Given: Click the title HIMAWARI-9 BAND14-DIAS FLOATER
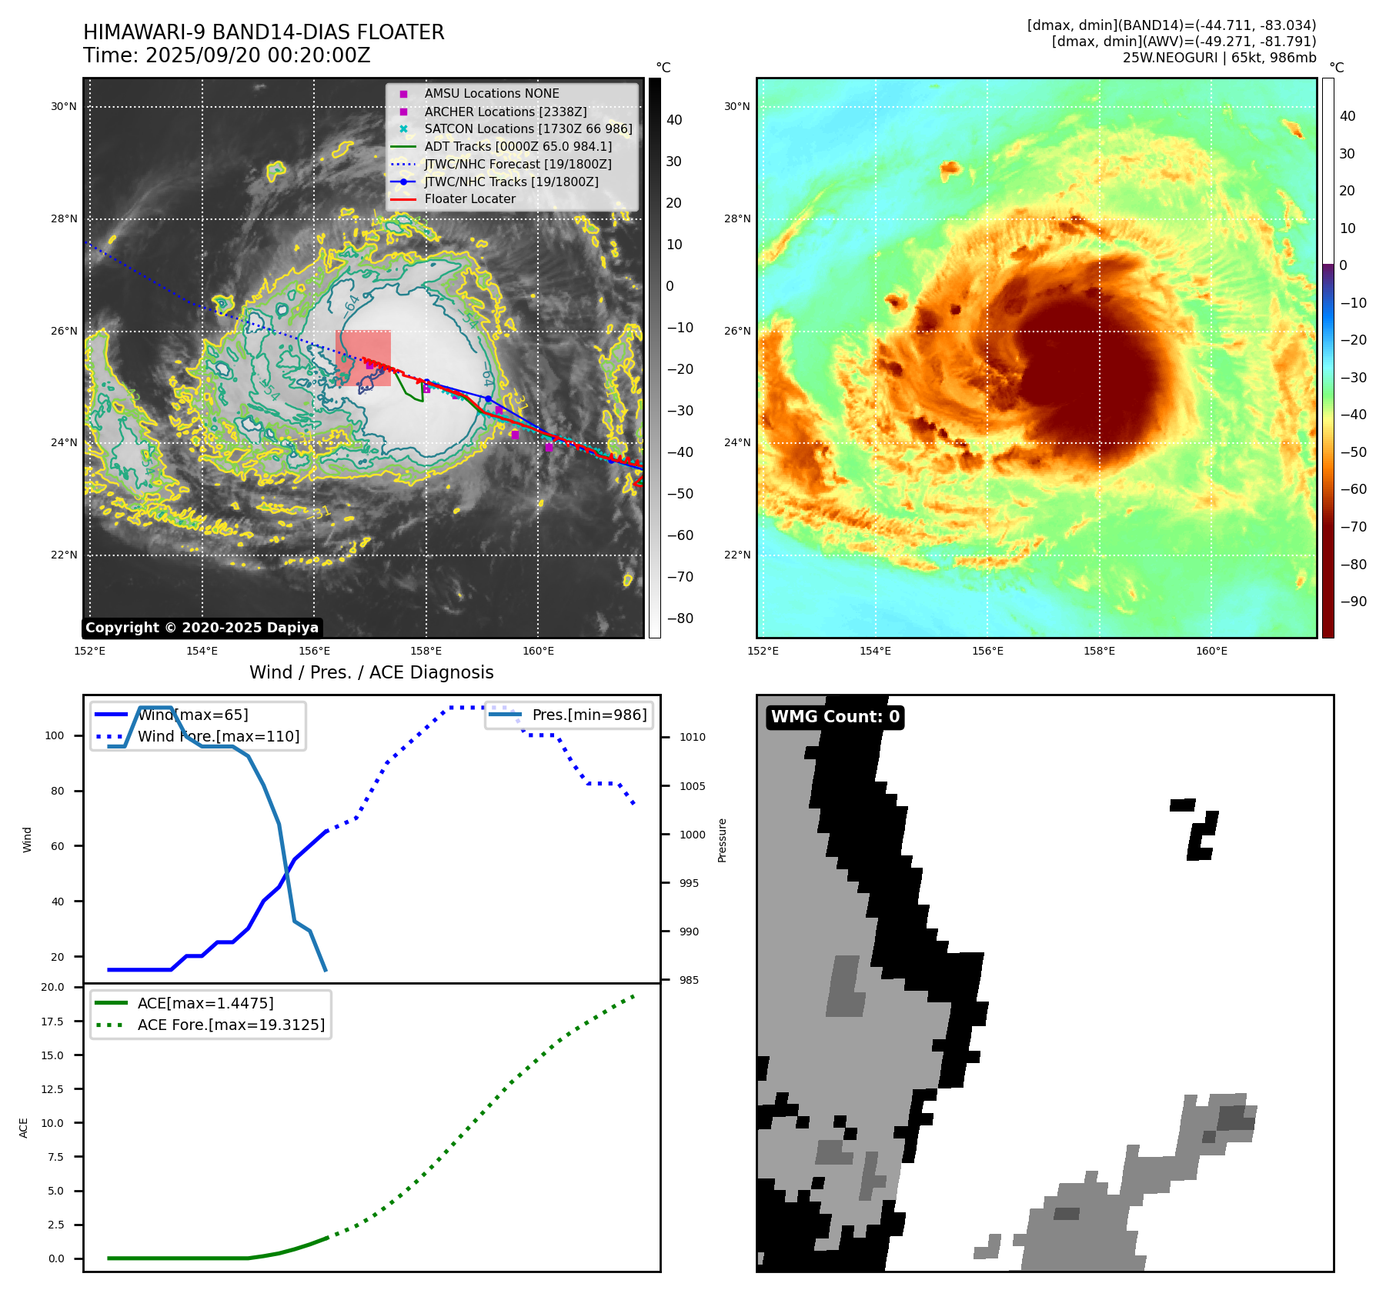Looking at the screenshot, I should coord(263,32).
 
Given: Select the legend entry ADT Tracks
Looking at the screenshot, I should coord(518,146).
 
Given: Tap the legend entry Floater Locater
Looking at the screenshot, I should coord(469,198).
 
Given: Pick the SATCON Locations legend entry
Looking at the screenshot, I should coord(528,128).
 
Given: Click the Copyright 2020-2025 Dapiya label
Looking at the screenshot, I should coord(202,628).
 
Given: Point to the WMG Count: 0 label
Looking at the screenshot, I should coord(835,717).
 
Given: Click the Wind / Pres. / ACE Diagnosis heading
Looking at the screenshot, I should coord(371,672).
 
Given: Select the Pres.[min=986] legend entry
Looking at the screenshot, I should coord(589,715).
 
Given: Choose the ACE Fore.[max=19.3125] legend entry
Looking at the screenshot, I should coord(231,1025).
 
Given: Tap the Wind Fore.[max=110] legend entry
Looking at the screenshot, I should coord(219,736).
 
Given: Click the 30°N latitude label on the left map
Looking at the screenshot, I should coord(64,106).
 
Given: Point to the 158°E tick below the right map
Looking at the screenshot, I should coord(1099,651).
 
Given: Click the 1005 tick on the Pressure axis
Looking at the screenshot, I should coord(692,786).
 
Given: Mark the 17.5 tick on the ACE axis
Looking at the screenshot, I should coord(53,1022).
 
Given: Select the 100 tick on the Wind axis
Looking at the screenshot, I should coord(55,735).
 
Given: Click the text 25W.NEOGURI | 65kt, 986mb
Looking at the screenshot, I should coord(1219,58).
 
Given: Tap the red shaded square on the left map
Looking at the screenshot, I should coord(363,358).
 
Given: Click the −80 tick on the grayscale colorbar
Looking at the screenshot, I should coord(680,618).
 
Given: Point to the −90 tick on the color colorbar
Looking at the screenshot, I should coord(1353,602).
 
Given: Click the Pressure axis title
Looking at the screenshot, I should coord(722,840).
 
